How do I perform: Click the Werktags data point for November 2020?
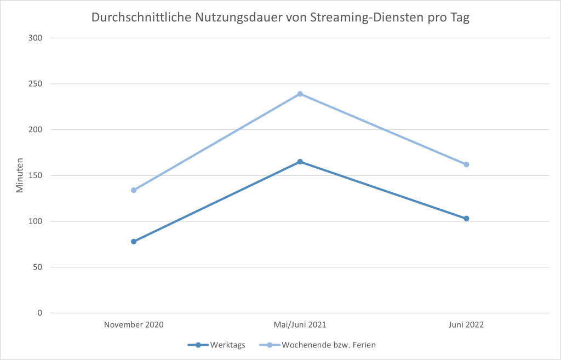coord(134,242)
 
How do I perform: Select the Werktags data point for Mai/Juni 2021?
coord(300,162)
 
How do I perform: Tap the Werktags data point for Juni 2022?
coord(466,219)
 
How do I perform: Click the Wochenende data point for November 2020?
coord(134,190)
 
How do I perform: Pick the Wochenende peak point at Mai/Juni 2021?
coord(300,94)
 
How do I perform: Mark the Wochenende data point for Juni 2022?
coord(466,164)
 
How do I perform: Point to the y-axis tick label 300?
coord(36,38)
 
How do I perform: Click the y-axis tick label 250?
coord(36,84)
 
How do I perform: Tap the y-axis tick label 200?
coord(36,130)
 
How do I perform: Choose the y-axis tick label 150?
coord(36,175)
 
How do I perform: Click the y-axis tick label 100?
coord(36,221)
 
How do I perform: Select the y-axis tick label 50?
coord(38,267)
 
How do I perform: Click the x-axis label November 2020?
coord(134,324)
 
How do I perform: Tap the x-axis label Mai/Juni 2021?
coord(300,324)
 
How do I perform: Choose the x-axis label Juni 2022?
coord(466,324)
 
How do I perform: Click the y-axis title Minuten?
coord(20,175)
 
